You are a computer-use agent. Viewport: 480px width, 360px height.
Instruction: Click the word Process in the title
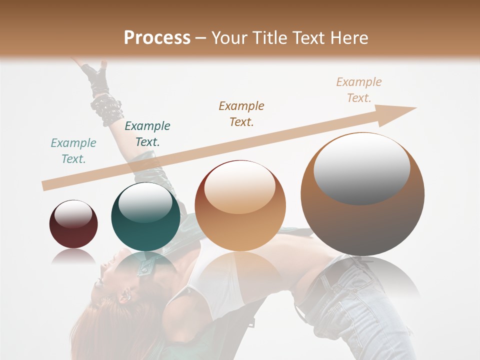click(x=157, y=38)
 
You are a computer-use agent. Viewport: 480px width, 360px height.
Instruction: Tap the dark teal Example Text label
click(x=147, y=134)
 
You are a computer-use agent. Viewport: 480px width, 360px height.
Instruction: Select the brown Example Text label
click(x=241, y=114)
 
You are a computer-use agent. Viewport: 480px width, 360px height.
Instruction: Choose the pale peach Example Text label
click(x=359, y=90)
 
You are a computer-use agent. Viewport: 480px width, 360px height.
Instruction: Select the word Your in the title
click(x=229, y=38)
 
